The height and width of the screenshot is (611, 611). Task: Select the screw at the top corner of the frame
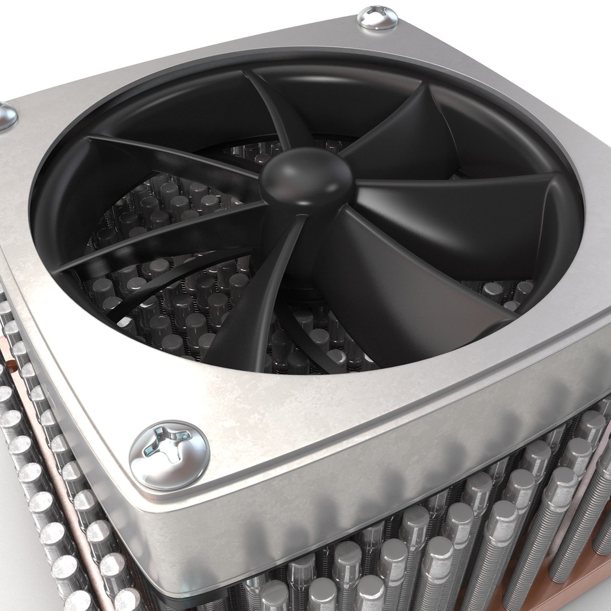(378, 17)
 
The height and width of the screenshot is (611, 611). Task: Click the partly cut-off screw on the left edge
(7, 116)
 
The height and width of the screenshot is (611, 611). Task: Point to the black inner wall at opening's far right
(560, 238)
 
